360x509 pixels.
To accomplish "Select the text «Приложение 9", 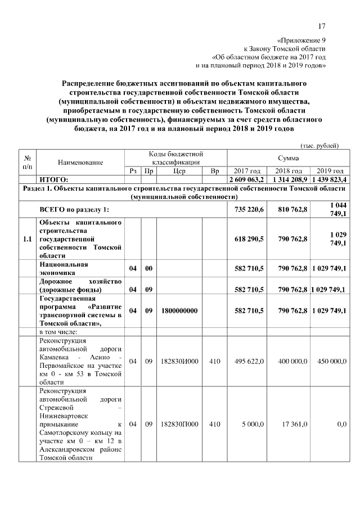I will pyautogui.click(x=302, y=40).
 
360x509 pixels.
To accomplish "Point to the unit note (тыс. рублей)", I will pyautogui.click(x=320, y=146).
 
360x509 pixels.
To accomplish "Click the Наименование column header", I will pyautogui.click(x=80, y=162).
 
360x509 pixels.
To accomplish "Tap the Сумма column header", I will pyautogui.click(x=288, y=158).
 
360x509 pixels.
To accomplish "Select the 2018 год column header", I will pyautogui.click(x=289, y=171).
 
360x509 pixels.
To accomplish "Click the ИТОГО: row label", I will pyautogui.click(x=53, y=179).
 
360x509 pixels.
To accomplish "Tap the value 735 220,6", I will pyautogui.click(x=248, y=210).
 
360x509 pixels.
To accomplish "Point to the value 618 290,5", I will pyautogui.click(x=248, y=239).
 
